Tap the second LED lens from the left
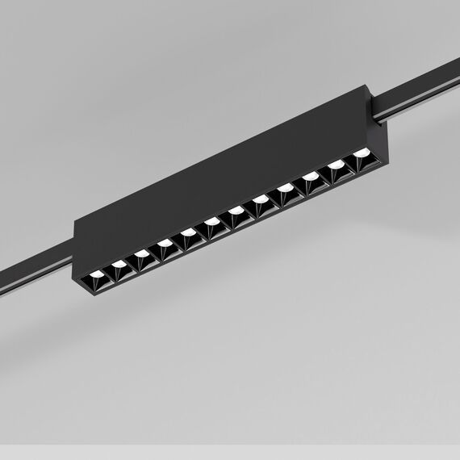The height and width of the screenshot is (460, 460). tap(119, 264)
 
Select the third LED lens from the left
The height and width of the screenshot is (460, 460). tap(142, 255)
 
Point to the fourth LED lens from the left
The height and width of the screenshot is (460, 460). tap(165, 244)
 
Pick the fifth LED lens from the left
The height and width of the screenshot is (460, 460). tap(189, 234)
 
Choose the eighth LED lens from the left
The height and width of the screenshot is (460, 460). tap(261, 203)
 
